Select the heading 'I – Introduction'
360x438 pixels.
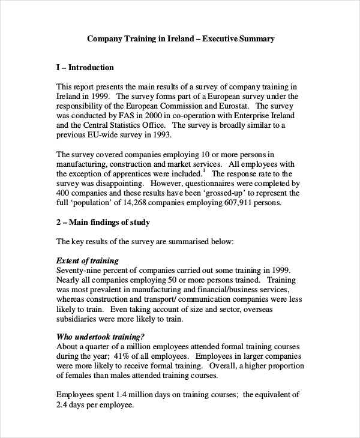[85, 68]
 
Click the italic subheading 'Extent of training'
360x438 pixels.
[87, 261]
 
